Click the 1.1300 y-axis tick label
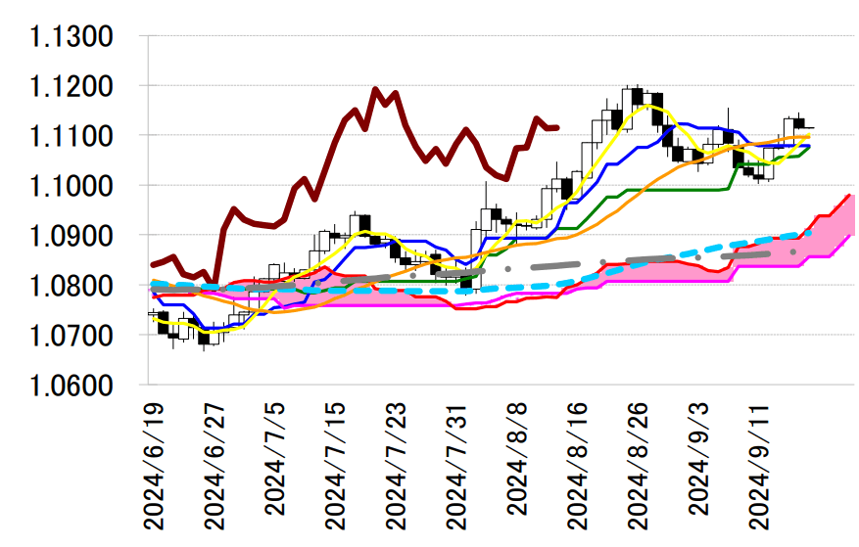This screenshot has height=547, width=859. [73, 37]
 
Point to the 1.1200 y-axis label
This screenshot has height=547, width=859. [73, 87]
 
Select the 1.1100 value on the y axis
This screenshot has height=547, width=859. [73, 136]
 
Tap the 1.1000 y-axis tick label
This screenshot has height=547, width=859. [73, 186]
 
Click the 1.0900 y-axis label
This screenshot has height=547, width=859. [73, 236]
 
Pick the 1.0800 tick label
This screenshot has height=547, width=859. [73, 286]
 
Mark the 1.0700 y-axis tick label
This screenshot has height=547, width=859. [73, 336]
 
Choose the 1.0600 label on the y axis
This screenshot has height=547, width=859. [73, 386]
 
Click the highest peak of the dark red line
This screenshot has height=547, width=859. [376, 89]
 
